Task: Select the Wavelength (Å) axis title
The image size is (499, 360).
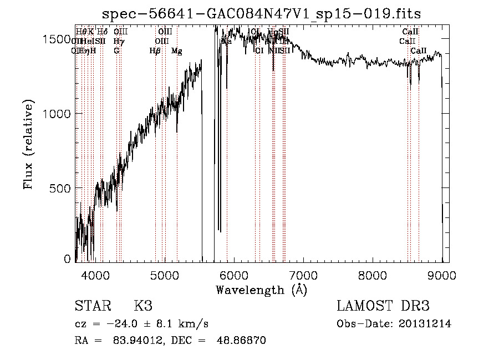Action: click(x=261, y=290)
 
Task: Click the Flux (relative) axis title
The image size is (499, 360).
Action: click(x=28, y=144)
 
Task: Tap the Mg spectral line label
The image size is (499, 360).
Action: click(x=176, y=51)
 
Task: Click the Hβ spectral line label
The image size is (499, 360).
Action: click(x=155, y=51)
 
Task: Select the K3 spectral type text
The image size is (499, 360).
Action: click(x=143, y=306)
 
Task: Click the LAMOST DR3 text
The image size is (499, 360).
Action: click(x=383, y=306)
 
